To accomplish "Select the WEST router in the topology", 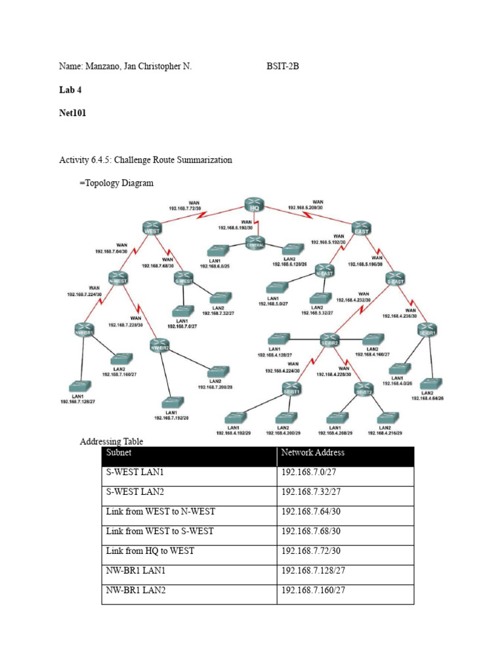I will point(151,228).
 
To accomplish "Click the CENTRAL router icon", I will point(255,244).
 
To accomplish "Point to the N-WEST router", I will point(119,278).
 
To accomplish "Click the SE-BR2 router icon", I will point(329,341).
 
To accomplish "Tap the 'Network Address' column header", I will point(312,452).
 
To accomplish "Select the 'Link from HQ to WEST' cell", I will point(150,551).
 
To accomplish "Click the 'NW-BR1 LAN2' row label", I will point(136,591).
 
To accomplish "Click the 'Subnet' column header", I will point(119,452).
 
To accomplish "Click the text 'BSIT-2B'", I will point(283,66).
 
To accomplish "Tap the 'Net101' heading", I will point(73,113).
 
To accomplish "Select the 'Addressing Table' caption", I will point(112,442).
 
